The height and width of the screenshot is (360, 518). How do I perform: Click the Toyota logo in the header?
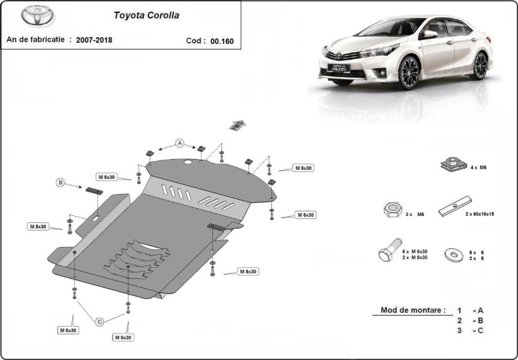pos(37,15)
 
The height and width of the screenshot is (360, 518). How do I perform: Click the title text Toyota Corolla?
pos(146,16)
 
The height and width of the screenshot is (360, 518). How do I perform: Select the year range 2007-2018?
pos(94,40)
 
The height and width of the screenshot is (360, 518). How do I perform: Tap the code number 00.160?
pos(222,41)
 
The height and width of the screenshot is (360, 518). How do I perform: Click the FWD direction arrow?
pos(238,125)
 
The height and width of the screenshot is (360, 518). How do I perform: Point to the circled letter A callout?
pos(180,143)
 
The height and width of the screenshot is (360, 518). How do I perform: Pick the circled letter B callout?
pos(60,182)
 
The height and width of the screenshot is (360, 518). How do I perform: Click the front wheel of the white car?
pos(408,72)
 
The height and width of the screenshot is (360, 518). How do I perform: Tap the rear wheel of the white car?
pos(480,66)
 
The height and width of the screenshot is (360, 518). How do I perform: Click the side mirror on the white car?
pos(430,34)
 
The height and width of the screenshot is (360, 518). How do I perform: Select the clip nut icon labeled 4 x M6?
pos(454,164)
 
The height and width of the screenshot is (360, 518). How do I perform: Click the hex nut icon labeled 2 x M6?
pos(393,210)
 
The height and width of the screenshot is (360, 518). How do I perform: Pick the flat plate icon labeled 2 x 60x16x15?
pos(455,206)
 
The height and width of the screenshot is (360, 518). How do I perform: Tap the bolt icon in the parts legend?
pos(390,250)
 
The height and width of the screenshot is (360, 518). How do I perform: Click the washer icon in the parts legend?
pos(454,255)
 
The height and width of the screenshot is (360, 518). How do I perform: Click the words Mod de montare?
pos(413,310)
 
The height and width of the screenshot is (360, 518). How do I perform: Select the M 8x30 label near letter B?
pos(38,226)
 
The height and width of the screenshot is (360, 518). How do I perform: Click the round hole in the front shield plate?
pos(188,162)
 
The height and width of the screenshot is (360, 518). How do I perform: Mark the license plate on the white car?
pos(338,68)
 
